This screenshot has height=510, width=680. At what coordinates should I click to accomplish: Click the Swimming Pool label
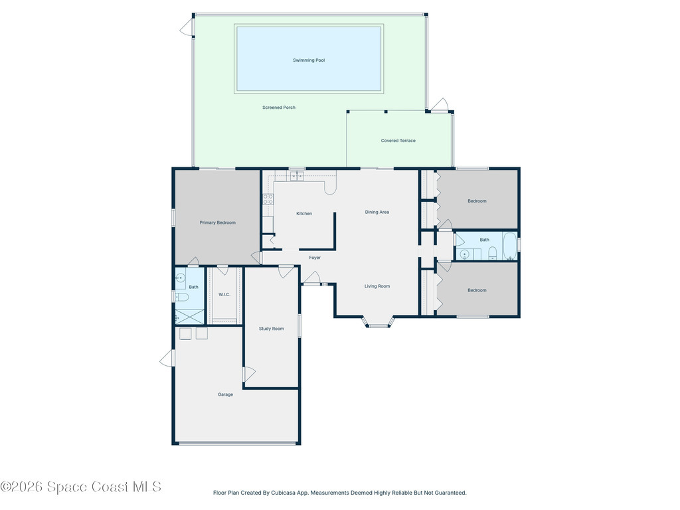pyautogui.click(x=309, y=60)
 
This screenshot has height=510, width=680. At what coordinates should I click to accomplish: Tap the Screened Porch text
pyautogui.click(x=279, y=108)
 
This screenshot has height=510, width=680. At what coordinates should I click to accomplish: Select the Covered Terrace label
pyautogui.click(x=398, y=141)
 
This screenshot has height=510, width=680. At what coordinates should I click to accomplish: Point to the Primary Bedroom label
pyautogui.click(x=218, y=222)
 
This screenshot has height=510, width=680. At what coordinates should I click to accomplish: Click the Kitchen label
pyautogui.click(x=304, y=213)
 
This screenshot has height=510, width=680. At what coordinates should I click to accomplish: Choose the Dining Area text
pyautogui.click(x=377, y=212)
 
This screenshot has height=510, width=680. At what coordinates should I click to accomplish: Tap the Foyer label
pyautogui.click(x=315, y=258)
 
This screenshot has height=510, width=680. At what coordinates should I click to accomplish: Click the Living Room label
pyautogui.click(x=377, y=286)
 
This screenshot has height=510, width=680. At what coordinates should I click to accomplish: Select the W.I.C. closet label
pyautogui.click(x=224, y=294)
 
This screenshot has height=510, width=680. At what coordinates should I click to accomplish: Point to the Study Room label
pyautogui.click(x=272, y=329)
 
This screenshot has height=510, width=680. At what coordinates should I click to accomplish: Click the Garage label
pyautogui.click(x=226, y=394)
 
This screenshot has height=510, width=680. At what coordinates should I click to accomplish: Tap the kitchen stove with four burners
pyautogui.click(x=268, y=199)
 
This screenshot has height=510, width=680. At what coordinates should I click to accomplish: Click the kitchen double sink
pyautogui.click(x=297, y=175)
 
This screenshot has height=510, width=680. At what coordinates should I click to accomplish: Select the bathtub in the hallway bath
pyautogui.click(x=509, y=246)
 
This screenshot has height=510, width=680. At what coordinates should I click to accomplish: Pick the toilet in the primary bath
pyautogui.click(x=182, y=297)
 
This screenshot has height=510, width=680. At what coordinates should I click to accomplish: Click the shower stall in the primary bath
pyautogui.click(x=189, y=317)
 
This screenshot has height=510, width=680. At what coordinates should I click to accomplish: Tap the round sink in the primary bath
pyautogui.click(x=181, y=278)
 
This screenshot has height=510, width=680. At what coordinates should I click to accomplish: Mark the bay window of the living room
pyautogui.click(x=379, y=323)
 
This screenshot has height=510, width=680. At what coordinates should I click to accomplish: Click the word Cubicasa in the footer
pyautogui.click(x=282, y=493)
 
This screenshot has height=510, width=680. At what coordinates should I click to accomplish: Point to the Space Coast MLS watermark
pyautogui.click(x=80, y=487)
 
